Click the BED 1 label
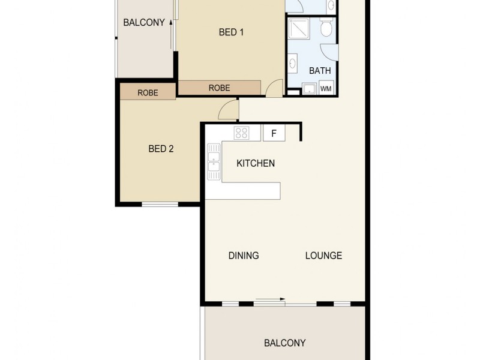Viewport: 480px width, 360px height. [231, 33]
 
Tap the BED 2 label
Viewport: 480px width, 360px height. [161, 149]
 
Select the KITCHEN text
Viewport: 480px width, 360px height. [256, 163]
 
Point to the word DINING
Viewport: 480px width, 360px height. [244, 256]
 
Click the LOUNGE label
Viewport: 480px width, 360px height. [323, 256]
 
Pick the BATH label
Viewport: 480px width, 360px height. [320, 71]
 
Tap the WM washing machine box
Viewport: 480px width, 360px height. [326, 89]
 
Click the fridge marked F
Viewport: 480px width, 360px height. [274, 133]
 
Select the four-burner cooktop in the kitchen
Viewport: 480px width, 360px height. [241, 133]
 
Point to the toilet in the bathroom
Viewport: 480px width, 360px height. [326, 28]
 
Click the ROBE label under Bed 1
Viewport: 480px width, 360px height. [219, 88]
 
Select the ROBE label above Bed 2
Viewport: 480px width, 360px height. [148, 92]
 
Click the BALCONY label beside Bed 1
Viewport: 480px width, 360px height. [144, 23]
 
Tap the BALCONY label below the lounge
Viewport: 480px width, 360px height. [285, 343]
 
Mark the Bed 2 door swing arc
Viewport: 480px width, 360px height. [228, 110]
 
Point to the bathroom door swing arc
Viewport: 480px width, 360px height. [329, 52]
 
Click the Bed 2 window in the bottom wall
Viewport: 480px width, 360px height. [160, 205]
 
